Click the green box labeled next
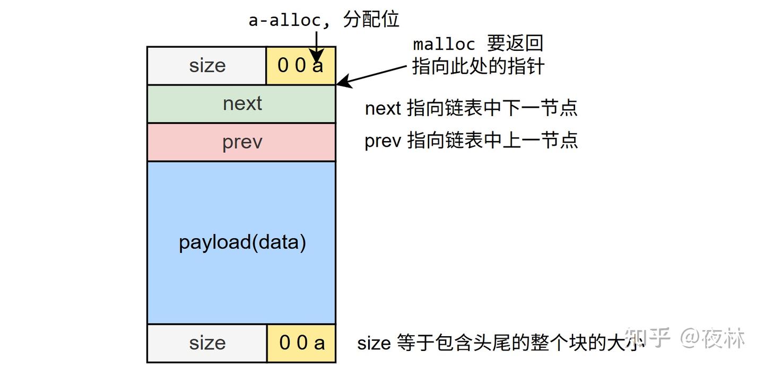(x=241, y=103)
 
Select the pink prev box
(x=241, y=142)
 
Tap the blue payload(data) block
(x=241, y=243)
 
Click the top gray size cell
(x=207, y=65)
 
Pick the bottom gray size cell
(x=207, y=343)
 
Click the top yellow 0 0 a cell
(x=301, y=65)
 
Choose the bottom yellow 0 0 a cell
(x=301, y=343)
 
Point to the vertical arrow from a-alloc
(x=317, y=47)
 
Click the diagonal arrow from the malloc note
(x=372, y=75)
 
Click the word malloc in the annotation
(x=444, y=44)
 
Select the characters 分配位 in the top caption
(x=371, y=19)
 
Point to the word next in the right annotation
(x=383, y=109)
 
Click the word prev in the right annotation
(x=383, y=140)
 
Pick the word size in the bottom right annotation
(x=374, y=343)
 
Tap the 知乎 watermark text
(x=647, y=337)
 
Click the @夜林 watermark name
(x=713, y=338)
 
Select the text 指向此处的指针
(x=478, y=66)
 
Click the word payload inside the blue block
(x=215, y=243)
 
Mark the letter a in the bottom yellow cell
(x=319, y=344)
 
